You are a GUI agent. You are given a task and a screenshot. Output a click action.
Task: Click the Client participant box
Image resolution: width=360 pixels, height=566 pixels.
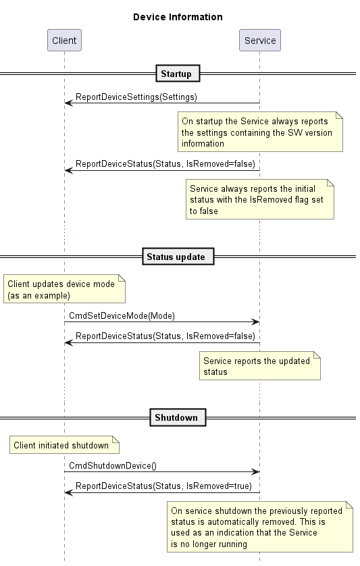coord(64,40)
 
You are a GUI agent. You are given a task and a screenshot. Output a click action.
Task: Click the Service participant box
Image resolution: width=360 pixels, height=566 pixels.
coord(260,40)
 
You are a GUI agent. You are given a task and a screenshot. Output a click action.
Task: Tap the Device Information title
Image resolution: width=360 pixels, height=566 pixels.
coord(178,17)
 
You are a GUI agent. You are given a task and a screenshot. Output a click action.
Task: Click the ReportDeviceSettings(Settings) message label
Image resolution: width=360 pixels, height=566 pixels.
coord(136,97)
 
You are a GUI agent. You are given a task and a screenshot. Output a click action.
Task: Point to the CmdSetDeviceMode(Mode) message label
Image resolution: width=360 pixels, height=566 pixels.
coord(122,316)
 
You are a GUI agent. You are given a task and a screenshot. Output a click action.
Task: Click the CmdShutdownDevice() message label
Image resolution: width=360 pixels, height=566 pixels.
coord(113,465)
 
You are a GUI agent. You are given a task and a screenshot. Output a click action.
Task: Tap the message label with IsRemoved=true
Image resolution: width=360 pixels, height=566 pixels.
coord(163,486)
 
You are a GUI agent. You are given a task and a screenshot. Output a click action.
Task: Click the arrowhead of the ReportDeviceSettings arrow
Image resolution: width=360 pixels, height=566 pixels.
coord(69,103)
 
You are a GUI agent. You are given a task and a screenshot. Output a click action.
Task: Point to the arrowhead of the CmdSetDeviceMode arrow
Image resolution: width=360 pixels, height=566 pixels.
coord(255,322)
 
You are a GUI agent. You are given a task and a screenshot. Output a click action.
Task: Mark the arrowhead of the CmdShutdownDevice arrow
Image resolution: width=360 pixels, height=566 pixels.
coord(255,472)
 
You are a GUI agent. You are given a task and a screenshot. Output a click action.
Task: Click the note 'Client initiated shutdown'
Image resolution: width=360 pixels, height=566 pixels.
coord(64,445)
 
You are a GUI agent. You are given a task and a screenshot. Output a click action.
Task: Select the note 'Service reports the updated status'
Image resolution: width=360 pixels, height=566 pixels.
coord(260,366)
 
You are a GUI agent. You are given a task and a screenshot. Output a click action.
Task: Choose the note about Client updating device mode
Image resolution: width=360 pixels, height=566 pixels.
coord(64,289)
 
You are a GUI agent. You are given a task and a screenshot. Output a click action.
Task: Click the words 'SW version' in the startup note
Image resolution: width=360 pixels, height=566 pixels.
coord(310,132)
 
